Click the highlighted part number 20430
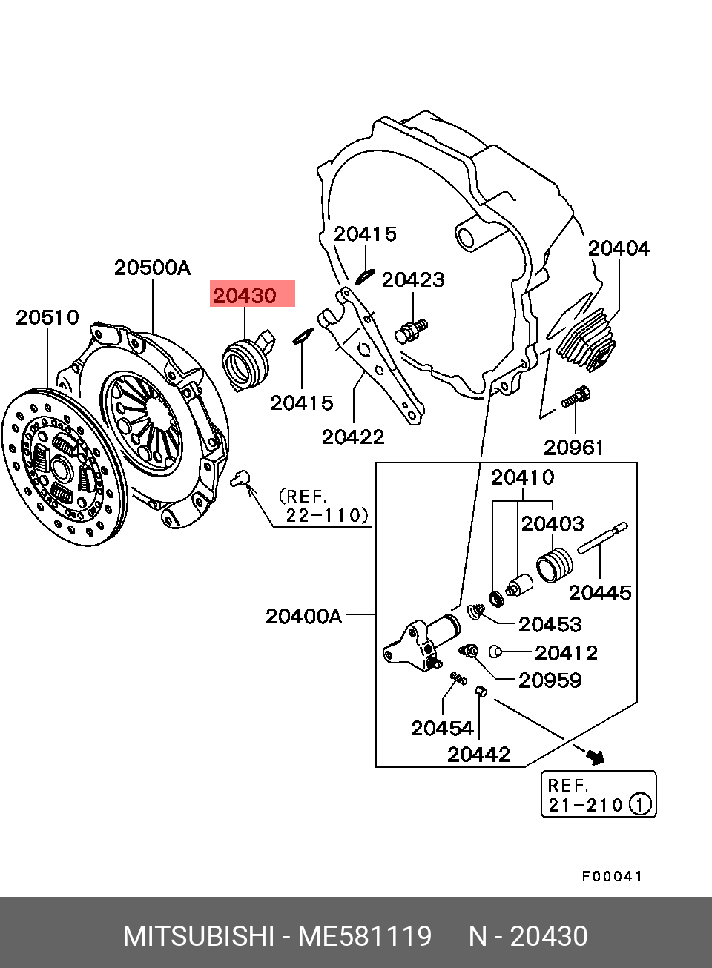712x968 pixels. (x=245, y=296)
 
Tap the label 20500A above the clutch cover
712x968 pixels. (x=152, y=268)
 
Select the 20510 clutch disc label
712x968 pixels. (x=47, y=318)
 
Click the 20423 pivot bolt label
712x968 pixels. (x=413, y=280)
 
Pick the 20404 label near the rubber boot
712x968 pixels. (x=619, y=248)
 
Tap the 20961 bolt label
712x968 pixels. (x=573, y=448)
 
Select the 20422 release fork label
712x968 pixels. (x=353, y=437)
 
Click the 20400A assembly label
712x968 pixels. (x=303, y=616)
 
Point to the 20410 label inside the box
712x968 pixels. (x=522, y=477)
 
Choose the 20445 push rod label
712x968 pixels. (x=600, y=593)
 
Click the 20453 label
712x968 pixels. (x=550, y=624)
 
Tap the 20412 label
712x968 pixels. (x=567, y=653)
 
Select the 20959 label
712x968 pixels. (x=550, y=680)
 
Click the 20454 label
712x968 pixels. (x=442, y=729)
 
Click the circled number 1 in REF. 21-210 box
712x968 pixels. (x=640, y=805)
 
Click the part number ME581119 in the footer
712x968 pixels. (x=365, y=936)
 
